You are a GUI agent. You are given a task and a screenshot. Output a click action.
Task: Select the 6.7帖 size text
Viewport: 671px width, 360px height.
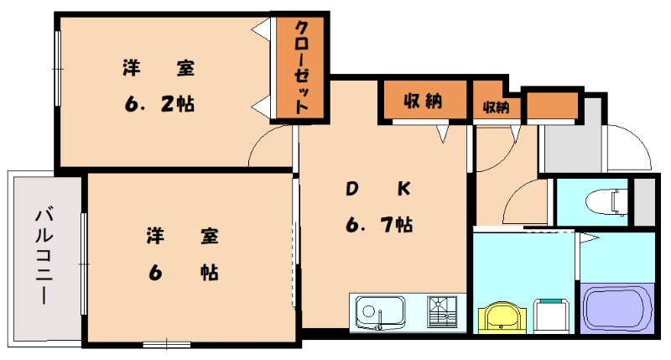point(378,225)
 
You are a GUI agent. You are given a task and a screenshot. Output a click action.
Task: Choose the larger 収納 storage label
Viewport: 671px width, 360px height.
point(424,102)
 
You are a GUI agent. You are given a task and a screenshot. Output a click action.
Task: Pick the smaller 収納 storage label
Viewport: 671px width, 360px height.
point(496,107)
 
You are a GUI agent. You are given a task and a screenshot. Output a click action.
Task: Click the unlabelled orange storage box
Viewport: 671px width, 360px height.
point(553,107)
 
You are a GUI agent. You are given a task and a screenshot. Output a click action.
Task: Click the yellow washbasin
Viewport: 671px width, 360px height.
point(502,317)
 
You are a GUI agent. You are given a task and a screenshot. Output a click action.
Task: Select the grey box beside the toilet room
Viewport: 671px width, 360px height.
point(644,202)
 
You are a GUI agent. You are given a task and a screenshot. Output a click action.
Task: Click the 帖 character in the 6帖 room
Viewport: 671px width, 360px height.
point(210,274)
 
